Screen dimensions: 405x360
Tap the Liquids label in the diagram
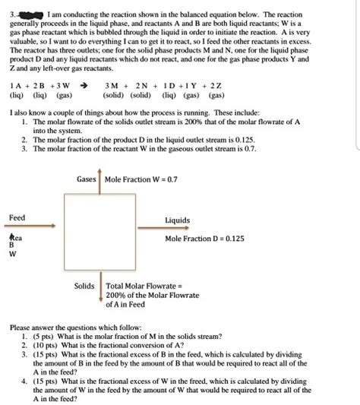tap(177, 221)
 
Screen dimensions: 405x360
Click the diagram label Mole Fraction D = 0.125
tap(204, 238)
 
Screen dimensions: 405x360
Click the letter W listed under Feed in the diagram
tap(11, 255)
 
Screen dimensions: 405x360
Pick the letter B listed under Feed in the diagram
tap(11, 245)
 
